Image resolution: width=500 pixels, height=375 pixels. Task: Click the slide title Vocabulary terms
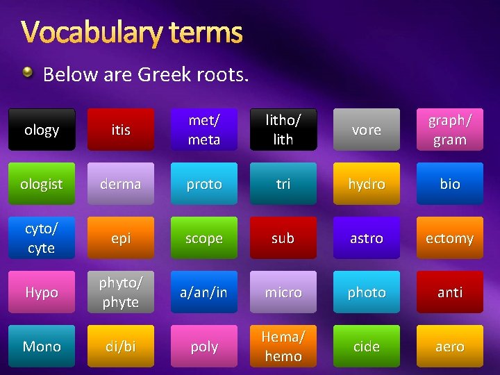tap(132, 32)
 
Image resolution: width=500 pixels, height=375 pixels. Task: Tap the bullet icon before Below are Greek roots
tap(27, 72)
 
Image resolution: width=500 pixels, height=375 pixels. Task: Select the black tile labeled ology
tap(42, 130)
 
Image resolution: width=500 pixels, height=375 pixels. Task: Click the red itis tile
tap(121, 130)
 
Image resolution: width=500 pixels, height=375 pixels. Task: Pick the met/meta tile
tap(204, 130)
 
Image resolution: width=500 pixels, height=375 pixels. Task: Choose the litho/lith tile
tap(283, 130)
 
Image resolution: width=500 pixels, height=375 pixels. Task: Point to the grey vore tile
tap(367, 130)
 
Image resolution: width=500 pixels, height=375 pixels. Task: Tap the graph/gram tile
tap(449, 130)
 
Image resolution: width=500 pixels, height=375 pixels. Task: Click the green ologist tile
tap(42, 184)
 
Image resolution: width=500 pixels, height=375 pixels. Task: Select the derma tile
tap(121, 184)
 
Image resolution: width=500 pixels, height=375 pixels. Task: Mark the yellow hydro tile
tap(367, 184)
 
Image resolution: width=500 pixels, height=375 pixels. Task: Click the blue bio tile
tap(449, 184)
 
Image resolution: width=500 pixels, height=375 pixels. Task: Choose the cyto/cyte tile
tap(42, 238)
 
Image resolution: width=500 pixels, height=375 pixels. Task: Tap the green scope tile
tap(204, 238)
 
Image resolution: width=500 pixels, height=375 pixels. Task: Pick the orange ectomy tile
tap(449, 238)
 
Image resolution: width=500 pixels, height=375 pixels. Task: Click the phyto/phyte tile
tap(121, 292)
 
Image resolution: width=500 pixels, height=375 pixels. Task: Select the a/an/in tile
tap(204, 292)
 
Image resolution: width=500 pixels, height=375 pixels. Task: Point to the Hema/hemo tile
tap(283, 347)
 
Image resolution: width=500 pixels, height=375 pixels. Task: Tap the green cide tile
tap(367, 347)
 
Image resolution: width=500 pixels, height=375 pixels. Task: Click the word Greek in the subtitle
tap(165, 74)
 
